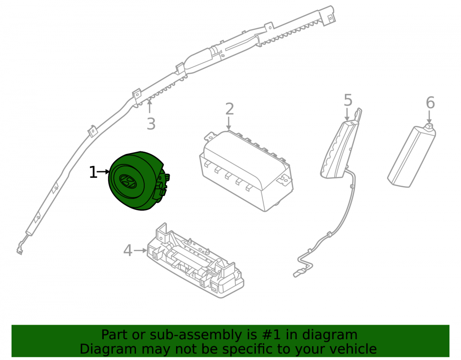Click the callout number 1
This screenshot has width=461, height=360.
[93, 172]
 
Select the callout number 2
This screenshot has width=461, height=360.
[229, 109]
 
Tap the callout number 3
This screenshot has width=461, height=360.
[151, 124]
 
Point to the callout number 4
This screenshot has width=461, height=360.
[128, 251]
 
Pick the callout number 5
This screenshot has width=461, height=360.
[348, 100]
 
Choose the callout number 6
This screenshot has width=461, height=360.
[430, 103]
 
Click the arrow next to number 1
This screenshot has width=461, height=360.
[103, 171]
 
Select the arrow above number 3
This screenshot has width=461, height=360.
[150, 106]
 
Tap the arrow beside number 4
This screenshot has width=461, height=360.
[140, 250]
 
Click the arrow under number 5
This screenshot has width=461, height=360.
[347, 115]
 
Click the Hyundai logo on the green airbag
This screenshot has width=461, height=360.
[128, 181]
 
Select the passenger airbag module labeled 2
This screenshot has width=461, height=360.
[246, 171]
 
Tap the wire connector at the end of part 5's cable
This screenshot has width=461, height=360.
[299, 273]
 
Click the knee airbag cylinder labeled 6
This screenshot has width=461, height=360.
[412, 155]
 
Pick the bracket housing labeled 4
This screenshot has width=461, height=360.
[195, 261]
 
